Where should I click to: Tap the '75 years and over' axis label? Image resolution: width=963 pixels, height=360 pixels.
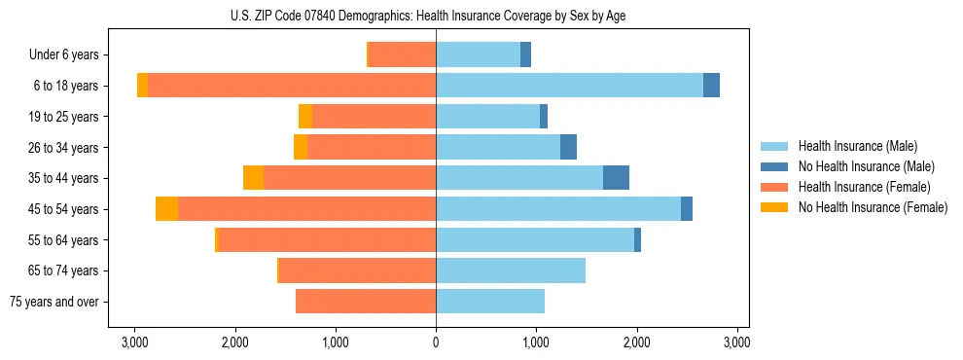tap(53, 302)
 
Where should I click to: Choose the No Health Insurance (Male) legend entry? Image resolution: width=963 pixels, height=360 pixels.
tap(866, 166)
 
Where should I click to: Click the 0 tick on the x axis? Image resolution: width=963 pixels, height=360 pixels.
tap(436, 342)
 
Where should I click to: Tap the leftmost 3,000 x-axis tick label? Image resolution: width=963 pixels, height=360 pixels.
tap(134, 342)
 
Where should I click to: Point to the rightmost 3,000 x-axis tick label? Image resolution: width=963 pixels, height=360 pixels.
tap(736, 342)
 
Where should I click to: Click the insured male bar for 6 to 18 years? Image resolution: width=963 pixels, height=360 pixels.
tap(569, 85)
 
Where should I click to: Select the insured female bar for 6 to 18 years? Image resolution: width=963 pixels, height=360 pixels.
tap(292, 85)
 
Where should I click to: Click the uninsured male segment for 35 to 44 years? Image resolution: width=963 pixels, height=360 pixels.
tap(616, 177)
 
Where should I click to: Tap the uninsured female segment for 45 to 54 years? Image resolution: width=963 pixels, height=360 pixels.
tap(166, 208)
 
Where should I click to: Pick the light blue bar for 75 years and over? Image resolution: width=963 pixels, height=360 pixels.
tap(490, 302)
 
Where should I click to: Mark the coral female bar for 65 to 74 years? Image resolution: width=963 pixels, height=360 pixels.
tap(357, 270)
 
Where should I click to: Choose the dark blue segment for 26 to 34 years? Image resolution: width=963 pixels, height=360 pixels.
tap(568, 147)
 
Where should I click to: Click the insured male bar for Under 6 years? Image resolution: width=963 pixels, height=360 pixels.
tap(478, 54)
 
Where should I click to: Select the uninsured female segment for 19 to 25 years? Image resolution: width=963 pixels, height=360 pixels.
tap(305, 116)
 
